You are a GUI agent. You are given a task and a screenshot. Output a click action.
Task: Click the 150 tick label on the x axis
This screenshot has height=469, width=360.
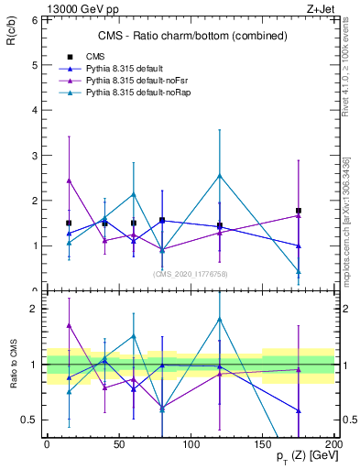[x=263, y=444]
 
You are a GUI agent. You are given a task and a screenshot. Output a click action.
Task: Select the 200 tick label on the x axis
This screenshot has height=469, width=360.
[x=335, y=444]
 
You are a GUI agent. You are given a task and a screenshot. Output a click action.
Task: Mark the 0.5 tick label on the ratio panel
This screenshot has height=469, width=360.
[x=28, y=420]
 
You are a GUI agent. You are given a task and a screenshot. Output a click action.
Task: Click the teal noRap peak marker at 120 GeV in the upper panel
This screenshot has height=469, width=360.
[x=220, y=176]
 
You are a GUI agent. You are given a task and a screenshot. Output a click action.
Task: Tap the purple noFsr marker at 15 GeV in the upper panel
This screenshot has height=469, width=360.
[x=69, y=180]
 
